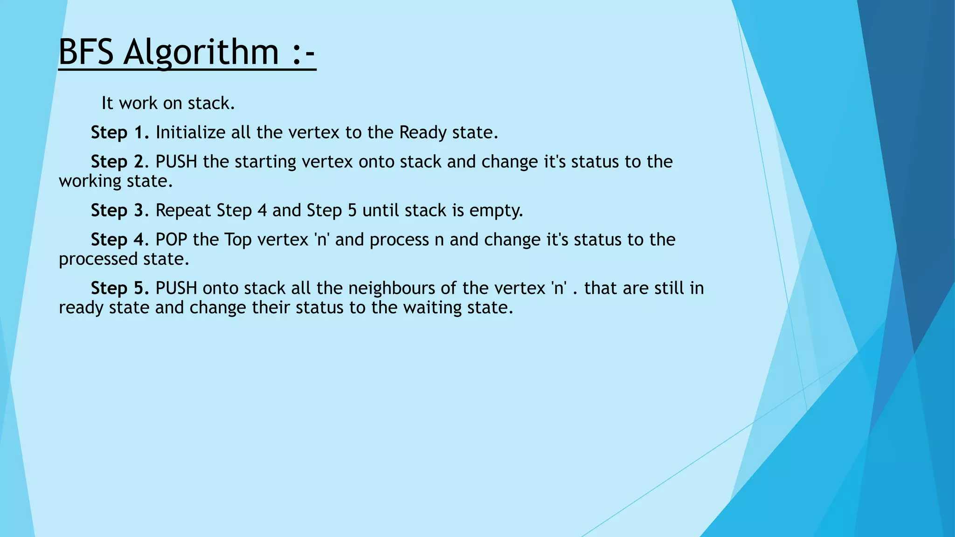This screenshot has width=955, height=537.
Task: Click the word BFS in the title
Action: point(86,52)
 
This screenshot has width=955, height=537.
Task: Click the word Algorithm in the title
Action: point(201,53)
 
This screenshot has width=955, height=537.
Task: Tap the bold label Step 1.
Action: point(119,133)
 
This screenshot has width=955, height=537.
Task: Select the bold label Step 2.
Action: point(119,162)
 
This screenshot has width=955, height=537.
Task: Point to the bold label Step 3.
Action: point(119,211)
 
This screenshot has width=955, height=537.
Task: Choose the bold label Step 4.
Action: point(119,240)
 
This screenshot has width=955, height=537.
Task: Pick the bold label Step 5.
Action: point(119,289)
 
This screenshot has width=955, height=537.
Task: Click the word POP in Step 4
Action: point(171,240)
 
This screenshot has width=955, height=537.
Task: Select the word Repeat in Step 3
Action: point(183,211)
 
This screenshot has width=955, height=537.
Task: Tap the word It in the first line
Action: point(107,103)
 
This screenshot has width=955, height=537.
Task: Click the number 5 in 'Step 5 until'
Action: point(352,211)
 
